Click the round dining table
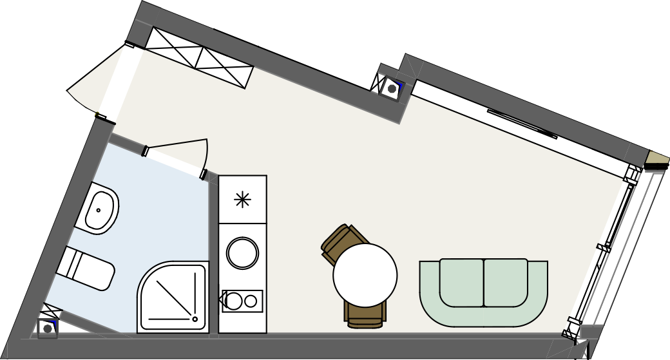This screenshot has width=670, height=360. tap(365, 275)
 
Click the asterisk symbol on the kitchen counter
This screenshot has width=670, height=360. tap(242, 200)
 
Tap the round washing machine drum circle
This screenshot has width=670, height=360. tap(242, 252)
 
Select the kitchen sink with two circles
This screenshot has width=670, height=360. tap(242, 301)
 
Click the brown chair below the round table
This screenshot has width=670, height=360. tap(365, 316)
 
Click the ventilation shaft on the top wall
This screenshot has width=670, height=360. tap(392, 88)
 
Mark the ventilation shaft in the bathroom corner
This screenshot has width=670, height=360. tap(47, 328)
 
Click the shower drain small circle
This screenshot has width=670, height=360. tap(195, 318)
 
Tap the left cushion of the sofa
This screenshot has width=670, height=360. tap(461, 282)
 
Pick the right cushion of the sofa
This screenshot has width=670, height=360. tap(506, 282)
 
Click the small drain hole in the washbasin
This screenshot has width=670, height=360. tap(98, 209)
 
